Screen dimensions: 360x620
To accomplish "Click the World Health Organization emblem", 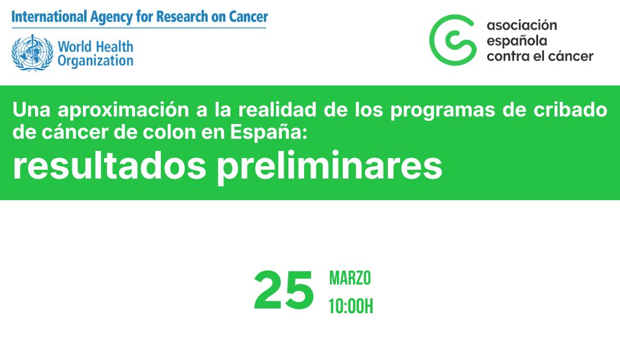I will (x=32, y=53).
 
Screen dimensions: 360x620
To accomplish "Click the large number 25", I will (x=284, y=291).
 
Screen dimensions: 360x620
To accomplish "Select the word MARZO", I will (x=350, y=278).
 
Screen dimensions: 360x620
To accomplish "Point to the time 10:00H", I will (x=350, y=306).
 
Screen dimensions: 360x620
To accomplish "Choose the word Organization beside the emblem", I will (x=95, y=60).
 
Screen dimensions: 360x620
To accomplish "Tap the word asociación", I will (x=522, y=25).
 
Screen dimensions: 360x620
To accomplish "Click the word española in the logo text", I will (x=517, y=40).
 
